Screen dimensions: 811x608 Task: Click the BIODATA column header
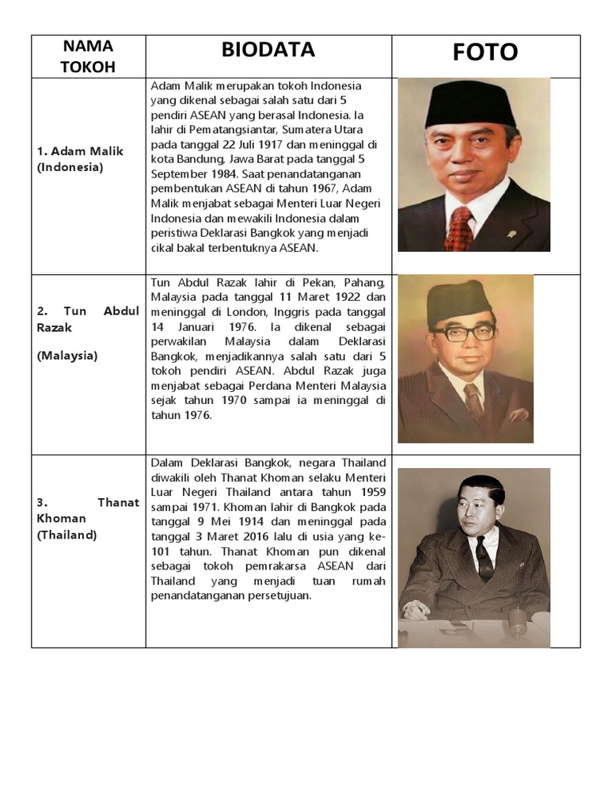[268, 50]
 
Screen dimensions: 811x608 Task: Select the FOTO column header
[485, 52]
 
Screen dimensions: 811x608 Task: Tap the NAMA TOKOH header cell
[87, 56]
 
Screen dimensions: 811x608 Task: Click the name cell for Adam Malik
[80, 158]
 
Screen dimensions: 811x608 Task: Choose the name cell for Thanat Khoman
[87, 518]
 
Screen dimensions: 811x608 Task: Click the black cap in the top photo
[470, 105]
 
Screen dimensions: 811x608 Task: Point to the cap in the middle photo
[459, 300]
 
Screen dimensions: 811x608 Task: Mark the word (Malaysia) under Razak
[66, 356]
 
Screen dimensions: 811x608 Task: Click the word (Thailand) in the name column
[66, 535]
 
